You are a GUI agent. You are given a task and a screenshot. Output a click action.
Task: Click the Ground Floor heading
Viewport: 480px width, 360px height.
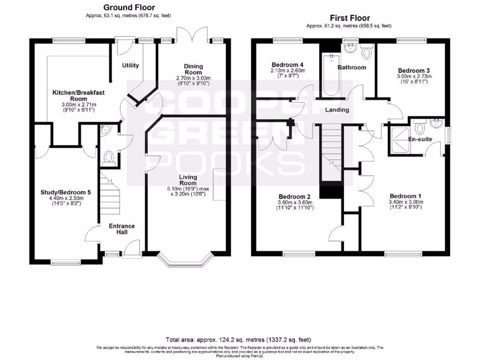[x=129, y=7]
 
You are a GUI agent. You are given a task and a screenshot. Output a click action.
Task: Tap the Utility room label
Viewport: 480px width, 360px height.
[x=130, y=65]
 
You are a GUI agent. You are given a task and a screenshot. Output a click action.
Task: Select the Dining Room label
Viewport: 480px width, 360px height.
[x=193, y=69]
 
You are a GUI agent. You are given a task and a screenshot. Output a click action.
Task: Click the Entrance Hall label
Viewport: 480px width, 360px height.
[x=122, y=229]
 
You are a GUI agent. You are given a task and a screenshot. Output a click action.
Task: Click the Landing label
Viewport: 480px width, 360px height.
[x=337, y=110]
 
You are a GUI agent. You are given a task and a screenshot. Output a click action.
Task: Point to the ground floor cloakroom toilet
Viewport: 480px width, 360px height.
[x=109, y=157]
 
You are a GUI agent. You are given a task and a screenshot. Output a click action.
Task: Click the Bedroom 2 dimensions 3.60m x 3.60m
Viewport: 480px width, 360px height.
[x=295, y=202]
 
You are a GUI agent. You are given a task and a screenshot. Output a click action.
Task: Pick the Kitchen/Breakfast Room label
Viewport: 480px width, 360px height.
[x=78, y=96]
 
